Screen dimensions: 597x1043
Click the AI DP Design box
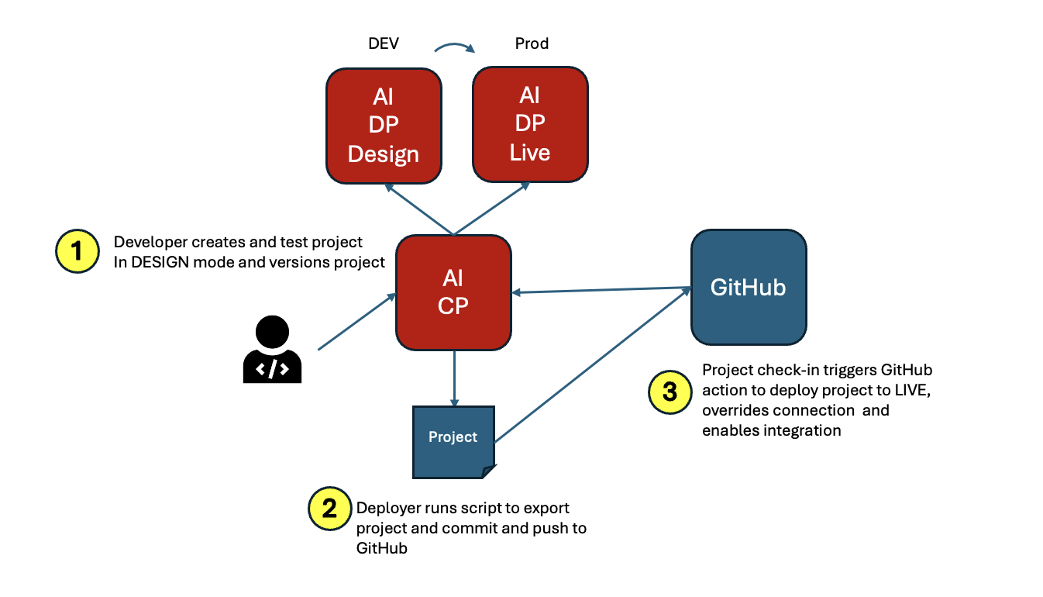(x=384, y=126)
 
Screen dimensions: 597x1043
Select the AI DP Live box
(x=530, y=124)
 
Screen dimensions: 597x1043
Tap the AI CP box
(x=453, y=292)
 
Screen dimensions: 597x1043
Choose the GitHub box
(x=749, y=287)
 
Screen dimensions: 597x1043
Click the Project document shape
(x=454, y=441)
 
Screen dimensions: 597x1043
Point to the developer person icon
(x=272, y=350)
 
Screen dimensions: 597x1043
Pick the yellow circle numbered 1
(x=76, y=252)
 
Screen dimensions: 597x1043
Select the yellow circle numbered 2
(x=329, y=509)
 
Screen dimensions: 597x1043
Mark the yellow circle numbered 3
(x=670, y=392)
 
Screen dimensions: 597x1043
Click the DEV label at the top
(x=384, y=43)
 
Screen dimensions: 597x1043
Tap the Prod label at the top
(x=532, y=43)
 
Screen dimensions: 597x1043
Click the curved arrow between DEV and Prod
(x=455, y=49)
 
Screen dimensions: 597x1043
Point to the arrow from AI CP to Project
(x=453, y=378)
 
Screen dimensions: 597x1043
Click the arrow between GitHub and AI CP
(x=601, y=291)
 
